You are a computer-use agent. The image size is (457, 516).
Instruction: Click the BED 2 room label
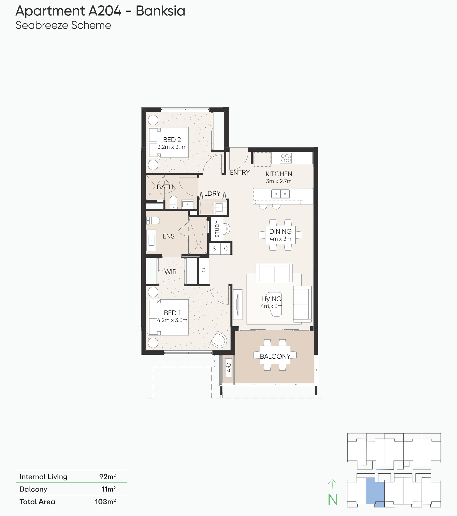tap(172, 140)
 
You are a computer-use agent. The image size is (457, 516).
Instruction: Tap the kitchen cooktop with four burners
tap(286, 158)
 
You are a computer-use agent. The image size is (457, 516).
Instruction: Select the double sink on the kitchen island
tap(281, 194)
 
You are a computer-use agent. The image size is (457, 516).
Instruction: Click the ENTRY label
tap(240, 172)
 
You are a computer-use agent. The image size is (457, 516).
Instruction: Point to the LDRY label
tap(212, 193)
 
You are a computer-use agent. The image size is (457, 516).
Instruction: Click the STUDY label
tap(217, 229)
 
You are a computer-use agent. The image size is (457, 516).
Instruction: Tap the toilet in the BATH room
tap(174, 203)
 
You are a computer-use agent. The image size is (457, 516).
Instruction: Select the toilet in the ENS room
tap(153, 221)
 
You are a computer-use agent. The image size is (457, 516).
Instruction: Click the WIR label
tap(170, 272)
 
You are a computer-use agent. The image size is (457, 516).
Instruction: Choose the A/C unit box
tap(228, 368)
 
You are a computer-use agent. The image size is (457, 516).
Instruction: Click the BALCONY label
tap(275, 357)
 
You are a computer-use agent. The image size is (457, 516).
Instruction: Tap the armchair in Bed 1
tap(219, 340)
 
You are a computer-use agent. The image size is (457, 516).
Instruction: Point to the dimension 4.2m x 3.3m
tap(172, 320)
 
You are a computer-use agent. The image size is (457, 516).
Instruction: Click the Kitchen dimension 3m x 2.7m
tap(279, 181)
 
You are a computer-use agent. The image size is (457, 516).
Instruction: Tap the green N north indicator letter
tap(333, 499)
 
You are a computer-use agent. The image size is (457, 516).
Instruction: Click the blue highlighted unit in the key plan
tap(375, 492)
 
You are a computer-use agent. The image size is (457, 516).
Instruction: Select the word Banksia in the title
tap(161, 11)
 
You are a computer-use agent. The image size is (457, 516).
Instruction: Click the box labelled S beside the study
tap(214, 248)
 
